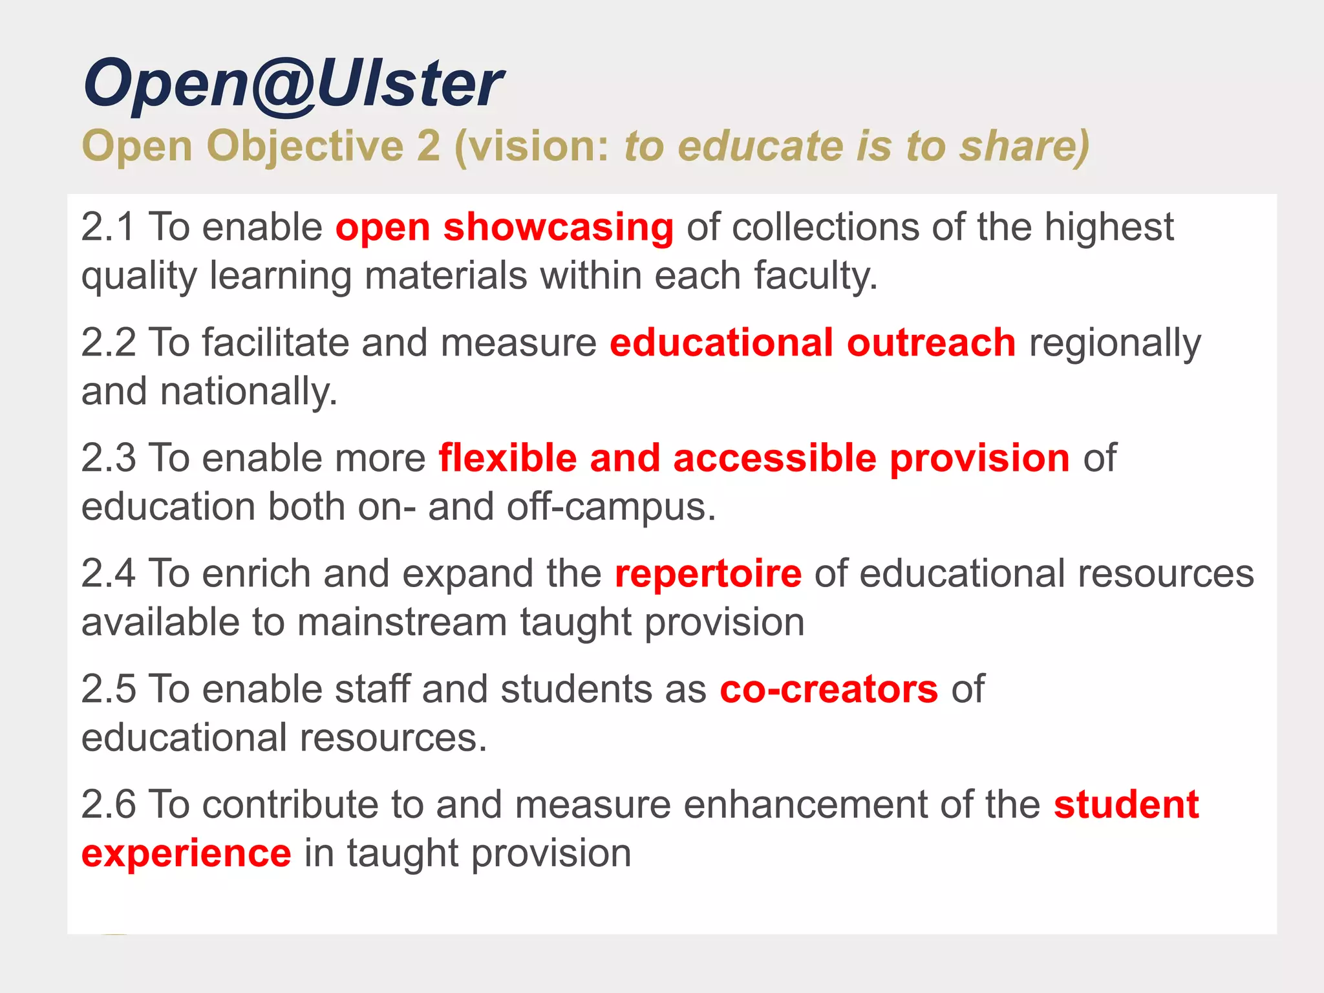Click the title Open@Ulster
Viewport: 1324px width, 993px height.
coord(292,84)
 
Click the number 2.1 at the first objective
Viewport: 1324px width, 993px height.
coord(108,228)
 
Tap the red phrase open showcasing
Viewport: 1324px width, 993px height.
coord(504,228)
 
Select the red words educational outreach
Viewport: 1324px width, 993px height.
coord(812,343)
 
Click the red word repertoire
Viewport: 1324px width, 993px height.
coord(708,573)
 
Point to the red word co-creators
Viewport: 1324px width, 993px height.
coord(828,689)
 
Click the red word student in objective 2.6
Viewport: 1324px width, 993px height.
coord(1126,805)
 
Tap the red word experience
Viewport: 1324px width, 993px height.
coord(186,853)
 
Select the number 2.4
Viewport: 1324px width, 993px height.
coord(108,573)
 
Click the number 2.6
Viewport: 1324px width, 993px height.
coord(108,805)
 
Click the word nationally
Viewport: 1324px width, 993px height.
coord(248,392)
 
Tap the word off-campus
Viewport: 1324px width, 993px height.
coord(611,507)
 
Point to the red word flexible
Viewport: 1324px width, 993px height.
coord(507,458)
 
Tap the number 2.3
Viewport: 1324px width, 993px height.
coord(108,458)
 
